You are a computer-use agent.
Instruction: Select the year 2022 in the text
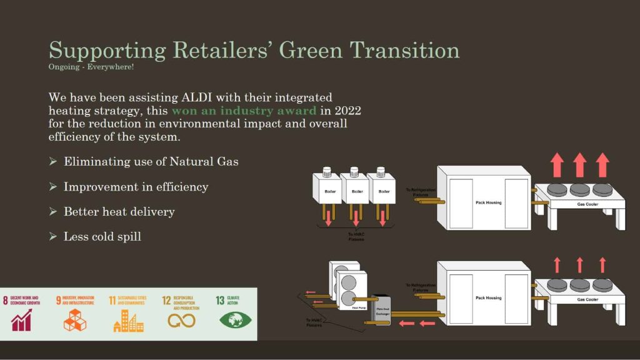pos(347,111)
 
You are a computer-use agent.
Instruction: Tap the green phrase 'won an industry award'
pos(244,111)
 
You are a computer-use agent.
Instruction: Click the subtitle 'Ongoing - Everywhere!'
pos(91,66)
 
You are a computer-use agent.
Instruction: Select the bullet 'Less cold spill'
pos(102,236)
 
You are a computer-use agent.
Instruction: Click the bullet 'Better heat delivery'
pos(119,211)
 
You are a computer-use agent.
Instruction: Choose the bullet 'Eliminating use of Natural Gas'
pos(151,161)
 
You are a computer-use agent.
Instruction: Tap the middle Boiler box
pos(356,191)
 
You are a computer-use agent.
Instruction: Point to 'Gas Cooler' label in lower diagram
pos(587,299)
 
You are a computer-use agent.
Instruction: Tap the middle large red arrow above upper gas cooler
pos(580,164)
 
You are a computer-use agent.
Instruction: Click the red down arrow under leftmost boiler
pos(327,218)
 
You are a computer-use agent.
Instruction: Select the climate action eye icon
pos(236,320)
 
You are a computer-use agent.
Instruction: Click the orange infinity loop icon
pos(181,321)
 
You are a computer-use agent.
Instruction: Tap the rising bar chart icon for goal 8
pos(21,320)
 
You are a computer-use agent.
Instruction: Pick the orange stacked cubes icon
pos(75,320)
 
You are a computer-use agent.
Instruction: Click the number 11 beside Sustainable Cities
pos(112,300)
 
